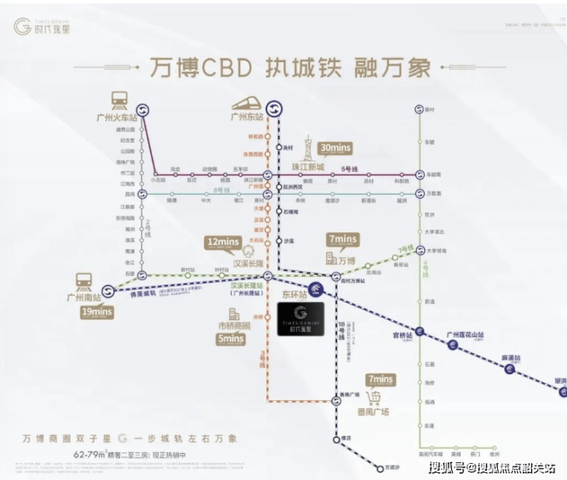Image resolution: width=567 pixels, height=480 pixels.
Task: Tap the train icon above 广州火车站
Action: click(120, 100)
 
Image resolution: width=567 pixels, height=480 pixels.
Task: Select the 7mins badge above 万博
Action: click(342, 239)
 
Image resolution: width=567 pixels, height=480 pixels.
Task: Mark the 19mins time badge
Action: click(97, 312)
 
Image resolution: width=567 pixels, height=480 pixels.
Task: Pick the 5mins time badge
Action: click(229, 340)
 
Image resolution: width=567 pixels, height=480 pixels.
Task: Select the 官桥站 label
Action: click(404, 335)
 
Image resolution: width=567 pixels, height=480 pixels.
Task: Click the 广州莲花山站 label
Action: click(469, 335)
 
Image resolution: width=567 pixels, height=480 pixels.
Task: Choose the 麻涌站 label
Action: click(511, 357)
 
